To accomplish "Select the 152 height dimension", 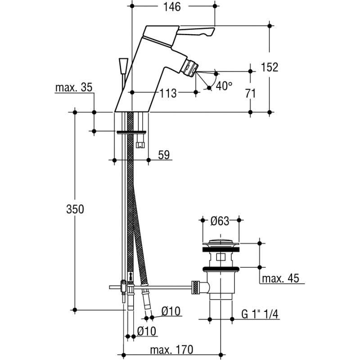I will pyautogui.click(x=270, y=67).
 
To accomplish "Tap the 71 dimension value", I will pyautogui.click(x=251, y=94).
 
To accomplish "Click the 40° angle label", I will pyautogui.click(x=223, y=85).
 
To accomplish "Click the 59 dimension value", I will pyautogui.click(x=164, y=155).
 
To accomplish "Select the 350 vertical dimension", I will pyautogui.click(x=75, y=209).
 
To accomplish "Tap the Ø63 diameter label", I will pyautogui.click(x=220, y=220).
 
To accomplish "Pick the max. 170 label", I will pyautogui.click(x=171, y=349).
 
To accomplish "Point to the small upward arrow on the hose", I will pyautogui.click(x=131, y=275).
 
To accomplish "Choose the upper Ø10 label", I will pyautogui.click(x=171, y=311).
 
